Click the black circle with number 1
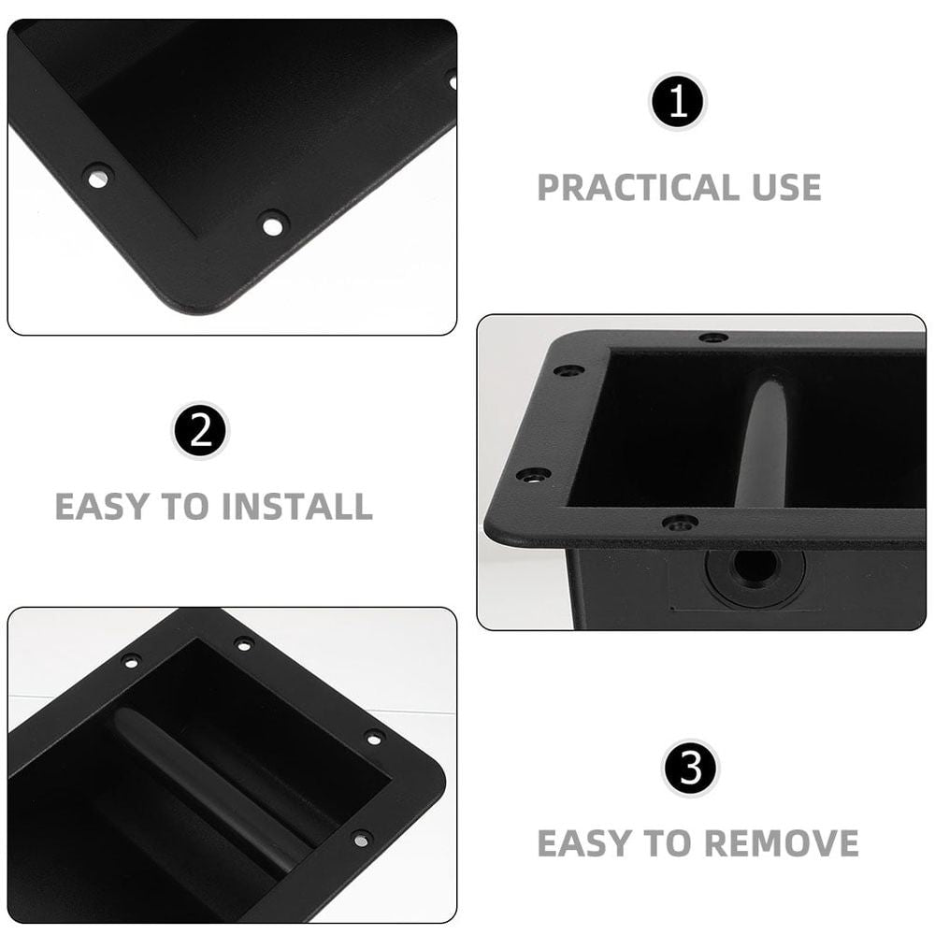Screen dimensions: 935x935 (x=678, y=101)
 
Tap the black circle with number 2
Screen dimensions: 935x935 (x=200, y=430)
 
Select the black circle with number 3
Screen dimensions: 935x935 (x=691, y=768)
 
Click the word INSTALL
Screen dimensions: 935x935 (x=296, y=507)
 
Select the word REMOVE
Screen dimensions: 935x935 (x=781, y=843)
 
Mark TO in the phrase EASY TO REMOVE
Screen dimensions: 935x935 (x=667, y=843)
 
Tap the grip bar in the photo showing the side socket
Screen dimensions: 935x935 (x=764, y=442)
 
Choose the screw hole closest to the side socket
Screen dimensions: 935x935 (x=680, y=525)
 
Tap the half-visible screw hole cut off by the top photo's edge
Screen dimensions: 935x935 (x=452, y=80)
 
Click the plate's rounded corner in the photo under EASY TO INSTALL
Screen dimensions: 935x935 (x=433, y=775)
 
